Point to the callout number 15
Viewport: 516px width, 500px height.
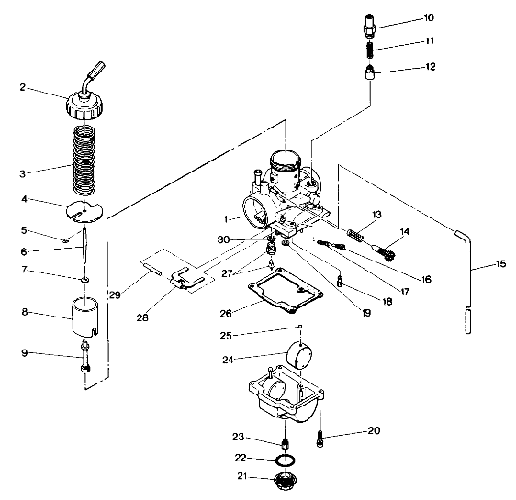click(x=499, y=264)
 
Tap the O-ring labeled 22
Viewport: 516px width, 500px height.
click(x=286, y=458)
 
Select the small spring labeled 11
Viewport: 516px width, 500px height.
click(x=367, y=50)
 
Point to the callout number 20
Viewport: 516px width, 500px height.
click(x=374, y=430)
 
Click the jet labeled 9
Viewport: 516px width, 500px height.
click(x=85, y=356)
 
